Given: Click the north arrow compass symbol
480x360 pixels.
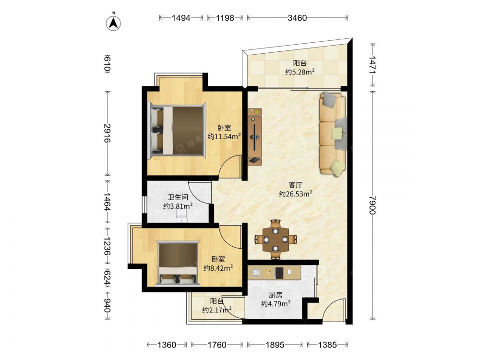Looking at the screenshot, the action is coord(114,23).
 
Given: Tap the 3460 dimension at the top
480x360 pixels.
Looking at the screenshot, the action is coord(297,18).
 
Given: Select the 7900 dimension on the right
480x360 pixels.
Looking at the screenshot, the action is coord(372,205).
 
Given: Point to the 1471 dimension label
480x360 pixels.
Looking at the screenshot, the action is coord(372,65).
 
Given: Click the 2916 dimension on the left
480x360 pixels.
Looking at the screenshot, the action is coord(107,133).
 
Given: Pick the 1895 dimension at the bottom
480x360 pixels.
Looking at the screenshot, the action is coord(275,345).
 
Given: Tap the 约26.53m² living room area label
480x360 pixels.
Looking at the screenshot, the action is coord(295,194).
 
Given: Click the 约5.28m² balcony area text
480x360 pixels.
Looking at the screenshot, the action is coord(300,72).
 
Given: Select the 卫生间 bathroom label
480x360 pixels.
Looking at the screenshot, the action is coord(178,197).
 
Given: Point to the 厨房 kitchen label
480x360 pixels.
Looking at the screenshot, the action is coord(276,295).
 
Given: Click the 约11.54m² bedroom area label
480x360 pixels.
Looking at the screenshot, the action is coord(224,136).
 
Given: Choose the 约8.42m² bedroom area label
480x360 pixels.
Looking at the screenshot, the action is coord(218,268).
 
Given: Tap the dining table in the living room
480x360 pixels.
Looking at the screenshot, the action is coord(276,239).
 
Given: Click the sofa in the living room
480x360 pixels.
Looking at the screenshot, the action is coord(333,134).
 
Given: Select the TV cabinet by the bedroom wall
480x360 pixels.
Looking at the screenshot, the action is coord(255,137).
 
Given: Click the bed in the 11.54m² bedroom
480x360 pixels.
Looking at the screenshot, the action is coord(177,131).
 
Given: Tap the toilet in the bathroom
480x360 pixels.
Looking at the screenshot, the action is coord(182,216).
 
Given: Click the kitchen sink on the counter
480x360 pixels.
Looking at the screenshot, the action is coord(256,272).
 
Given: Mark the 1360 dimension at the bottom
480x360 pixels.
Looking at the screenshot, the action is coord(167,345).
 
